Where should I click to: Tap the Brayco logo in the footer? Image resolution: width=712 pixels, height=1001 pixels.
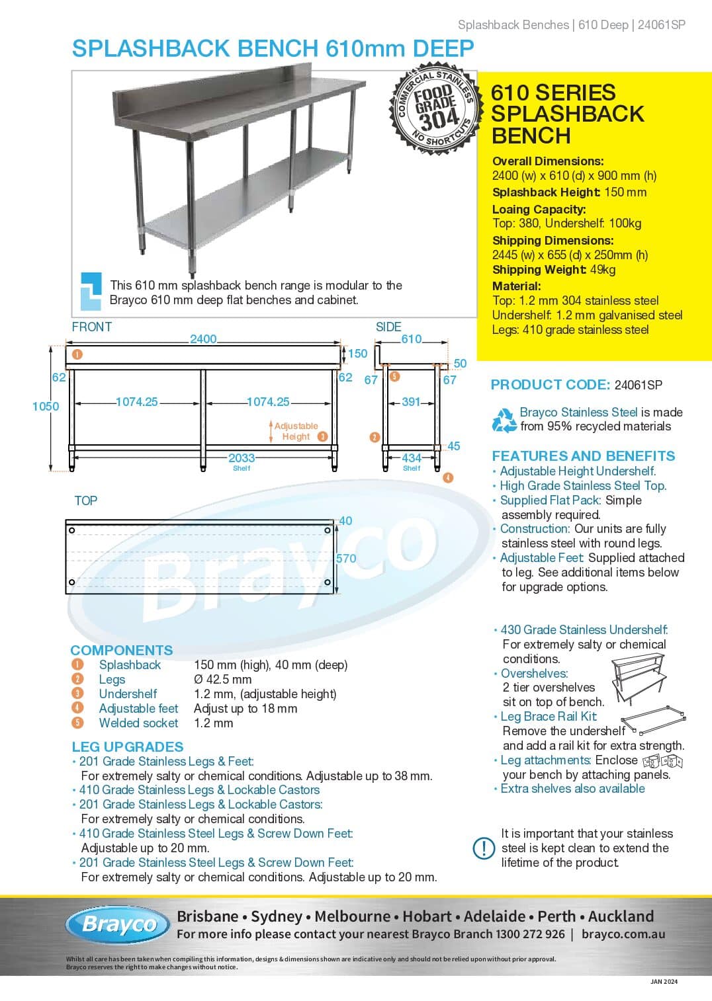tap(118, 924)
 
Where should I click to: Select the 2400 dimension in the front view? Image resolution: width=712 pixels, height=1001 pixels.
tap(203, 339)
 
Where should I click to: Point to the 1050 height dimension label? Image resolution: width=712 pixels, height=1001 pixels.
tap(46, 407)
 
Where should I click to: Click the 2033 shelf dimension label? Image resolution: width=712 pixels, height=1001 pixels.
tap(242, 458)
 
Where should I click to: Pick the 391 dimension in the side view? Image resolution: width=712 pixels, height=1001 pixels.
tap(411, 402)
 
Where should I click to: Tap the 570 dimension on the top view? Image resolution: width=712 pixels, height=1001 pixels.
tap(346, 559)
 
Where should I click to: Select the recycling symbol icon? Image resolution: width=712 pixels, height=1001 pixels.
tap(504, 420)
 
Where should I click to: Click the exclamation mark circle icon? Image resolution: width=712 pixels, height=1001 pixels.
tap(484, 848)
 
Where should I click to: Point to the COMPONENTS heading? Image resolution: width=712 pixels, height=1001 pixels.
tap(122, 650)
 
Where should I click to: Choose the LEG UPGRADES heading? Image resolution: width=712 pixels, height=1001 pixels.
tap(128, 746)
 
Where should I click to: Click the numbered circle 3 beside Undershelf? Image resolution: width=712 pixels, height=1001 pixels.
tap(78, 694)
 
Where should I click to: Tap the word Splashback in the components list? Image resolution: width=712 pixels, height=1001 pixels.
tap(130, 665)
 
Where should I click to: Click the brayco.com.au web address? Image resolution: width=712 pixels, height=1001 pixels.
tap(623, 934)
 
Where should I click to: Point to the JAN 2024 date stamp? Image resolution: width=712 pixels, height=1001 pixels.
tap(664, 981)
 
